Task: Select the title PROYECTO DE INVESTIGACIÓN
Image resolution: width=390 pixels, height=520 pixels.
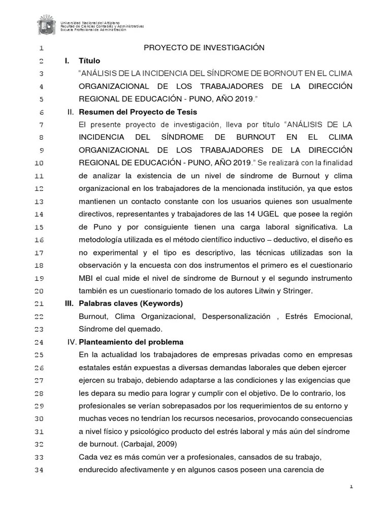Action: (x=205, y=48)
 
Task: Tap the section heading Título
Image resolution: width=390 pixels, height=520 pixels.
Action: (x=89, y=61)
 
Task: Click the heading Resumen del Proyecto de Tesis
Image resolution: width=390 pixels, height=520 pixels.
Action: (x=138, y=112)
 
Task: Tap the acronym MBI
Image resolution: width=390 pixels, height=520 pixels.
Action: (x=86, y=278)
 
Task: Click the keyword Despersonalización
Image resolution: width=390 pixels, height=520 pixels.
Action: (x=236, y=316)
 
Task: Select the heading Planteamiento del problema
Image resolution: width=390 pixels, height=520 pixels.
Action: (x=131, y=342)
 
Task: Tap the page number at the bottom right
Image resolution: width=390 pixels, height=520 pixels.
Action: (x=351, y=486)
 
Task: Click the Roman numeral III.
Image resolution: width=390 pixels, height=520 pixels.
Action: (x=69, y=304)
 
